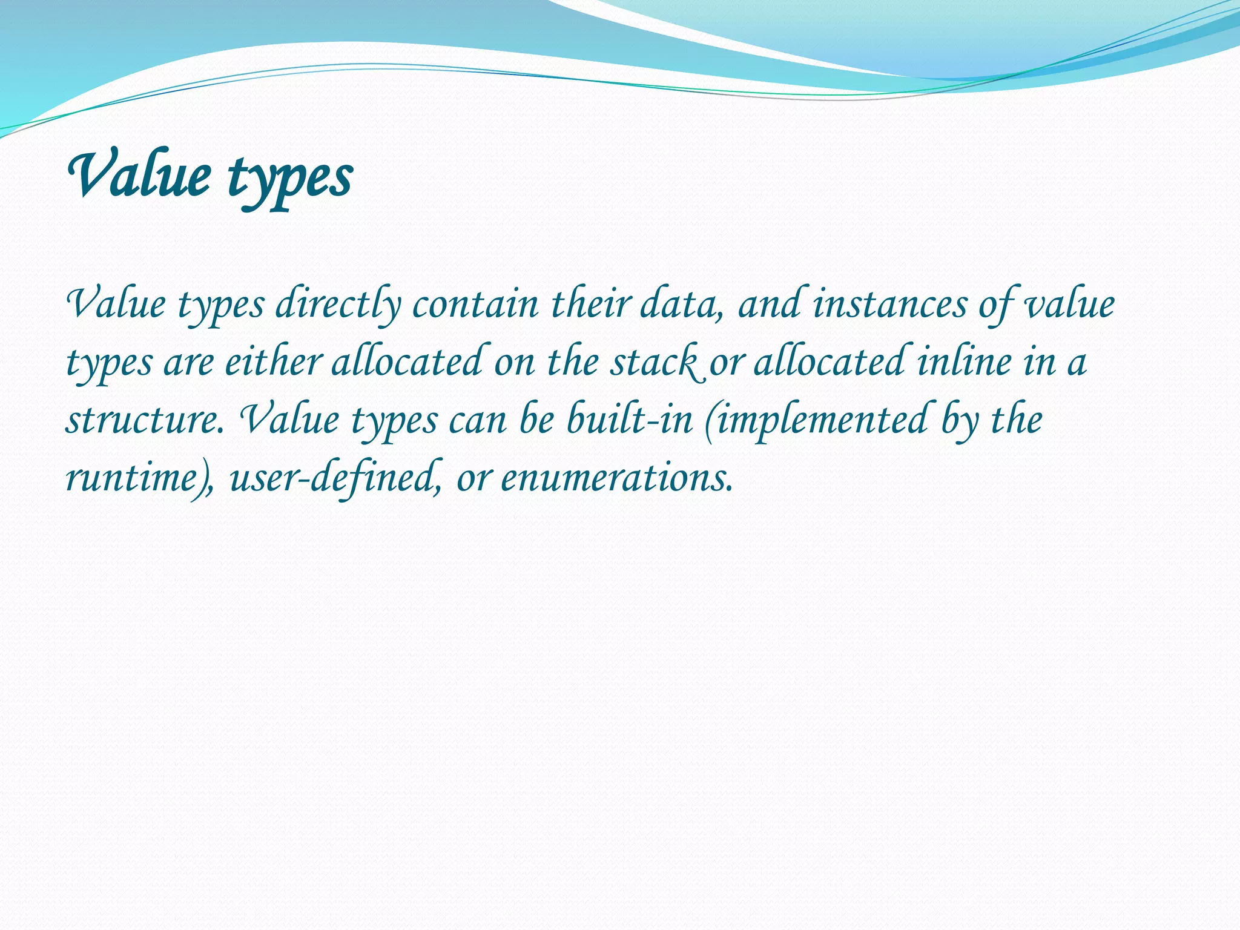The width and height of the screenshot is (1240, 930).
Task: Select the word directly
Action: [x=338, y=305]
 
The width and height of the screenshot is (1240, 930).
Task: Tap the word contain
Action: [x=475, y=305]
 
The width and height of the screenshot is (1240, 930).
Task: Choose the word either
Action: [x=272, y=363]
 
